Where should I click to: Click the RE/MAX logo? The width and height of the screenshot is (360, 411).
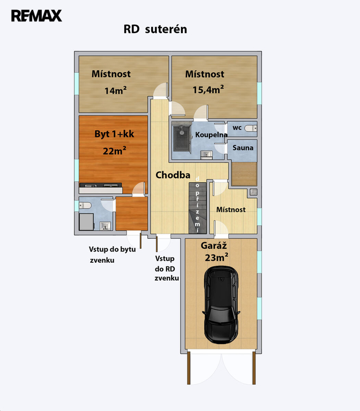(x=36, y=16)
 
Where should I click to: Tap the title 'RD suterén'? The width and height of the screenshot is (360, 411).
(x=155, y=29)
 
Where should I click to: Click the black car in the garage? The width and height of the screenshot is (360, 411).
(x=221, y=305)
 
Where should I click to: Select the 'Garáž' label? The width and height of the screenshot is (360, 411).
(x=214, y=246)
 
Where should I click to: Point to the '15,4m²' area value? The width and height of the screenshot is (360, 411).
(x=208, y=90)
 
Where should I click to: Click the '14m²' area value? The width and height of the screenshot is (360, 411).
(x=116, y=90)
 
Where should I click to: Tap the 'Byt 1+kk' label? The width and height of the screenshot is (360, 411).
(x=114, y=134)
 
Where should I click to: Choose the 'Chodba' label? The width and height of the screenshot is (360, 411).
(x=173, y=175)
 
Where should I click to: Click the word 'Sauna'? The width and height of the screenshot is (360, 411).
(x=243, y=148)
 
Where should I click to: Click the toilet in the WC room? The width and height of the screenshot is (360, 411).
(x=251, y=128)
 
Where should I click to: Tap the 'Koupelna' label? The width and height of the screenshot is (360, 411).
(x=211, y=135)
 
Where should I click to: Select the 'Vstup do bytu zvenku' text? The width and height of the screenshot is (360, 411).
(x=112, y=255)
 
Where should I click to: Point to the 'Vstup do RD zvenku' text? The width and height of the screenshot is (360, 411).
(x=167, y=268)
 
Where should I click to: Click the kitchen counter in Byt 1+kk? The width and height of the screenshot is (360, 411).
(x=101, y=188)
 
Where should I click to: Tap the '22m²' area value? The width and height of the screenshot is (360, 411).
(x=115, y=151)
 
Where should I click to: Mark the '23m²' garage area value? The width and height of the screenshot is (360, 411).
(x=216, y=257)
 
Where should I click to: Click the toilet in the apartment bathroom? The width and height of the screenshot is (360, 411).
(x=85, y=205)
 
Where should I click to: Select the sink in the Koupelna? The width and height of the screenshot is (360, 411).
(x=206, y=155)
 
